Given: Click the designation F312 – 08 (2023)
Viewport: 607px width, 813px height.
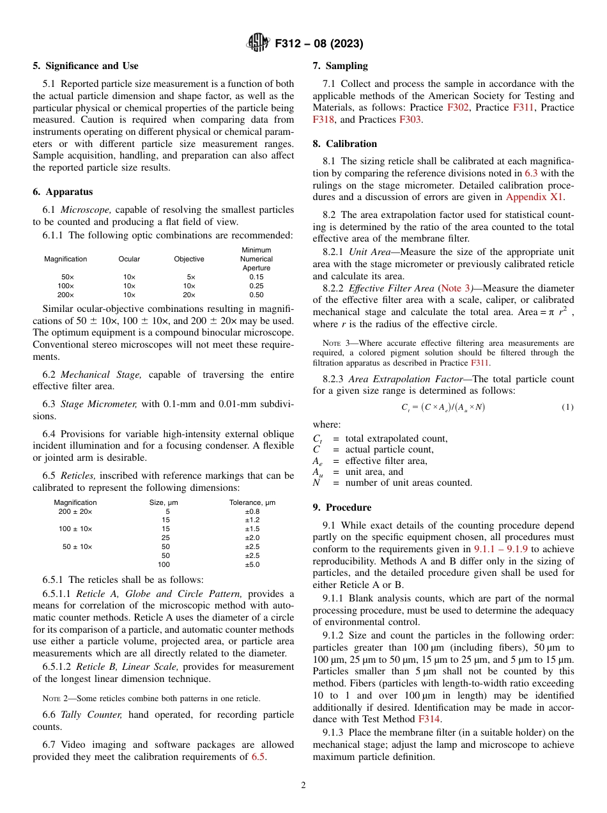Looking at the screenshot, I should [319, 44].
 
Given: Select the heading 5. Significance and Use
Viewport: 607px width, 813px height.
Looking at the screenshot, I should [86, 66].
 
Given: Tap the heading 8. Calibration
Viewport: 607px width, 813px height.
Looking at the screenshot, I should [345, 144].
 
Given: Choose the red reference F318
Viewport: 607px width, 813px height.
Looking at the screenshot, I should [323, 119].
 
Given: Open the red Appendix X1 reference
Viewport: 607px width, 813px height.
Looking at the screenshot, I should [534, 197].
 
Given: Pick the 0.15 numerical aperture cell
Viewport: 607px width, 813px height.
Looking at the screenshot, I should [256, 277].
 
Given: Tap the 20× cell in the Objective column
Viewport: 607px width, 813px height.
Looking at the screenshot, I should [189, 295].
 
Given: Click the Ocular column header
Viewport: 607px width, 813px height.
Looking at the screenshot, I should [129, 259].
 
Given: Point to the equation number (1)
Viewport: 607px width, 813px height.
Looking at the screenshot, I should [567, 407].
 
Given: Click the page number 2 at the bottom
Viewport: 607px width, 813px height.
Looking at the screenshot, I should [303, 786].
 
